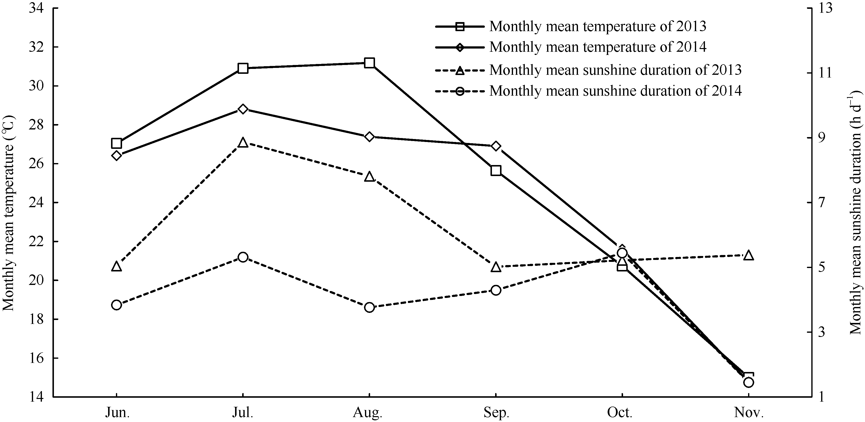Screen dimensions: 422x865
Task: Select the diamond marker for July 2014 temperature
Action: pos(243,109)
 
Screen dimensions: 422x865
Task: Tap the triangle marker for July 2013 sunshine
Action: pos(243,143)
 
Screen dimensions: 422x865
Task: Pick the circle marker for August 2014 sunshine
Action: pos(369,307)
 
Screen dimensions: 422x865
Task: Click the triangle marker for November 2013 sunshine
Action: pos(749,255)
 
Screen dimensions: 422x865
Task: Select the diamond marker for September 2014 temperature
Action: pos(496,146)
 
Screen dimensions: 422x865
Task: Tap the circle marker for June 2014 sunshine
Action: pos(116,305)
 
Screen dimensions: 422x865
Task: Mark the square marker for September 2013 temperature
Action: pos(496,170)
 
